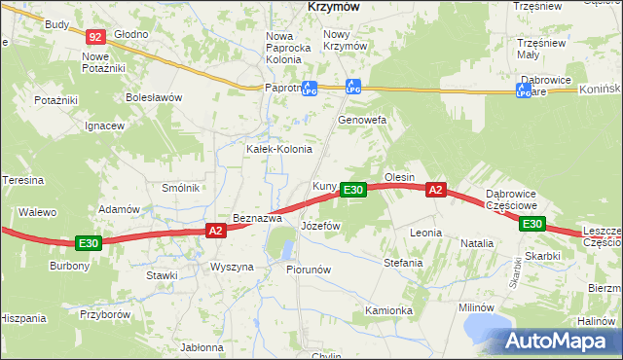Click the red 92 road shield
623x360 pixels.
click(94, 37)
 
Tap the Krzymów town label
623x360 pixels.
click(334, 6)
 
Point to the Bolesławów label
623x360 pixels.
click(154, 97)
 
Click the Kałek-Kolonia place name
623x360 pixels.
click(278, 149)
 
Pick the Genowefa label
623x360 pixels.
click(362, 120)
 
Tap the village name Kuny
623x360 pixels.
click(324, 186)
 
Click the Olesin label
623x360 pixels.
click(400, 177)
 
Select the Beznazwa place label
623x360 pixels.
click(257, 218)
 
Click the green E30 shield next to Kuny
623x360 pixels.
click(353, 190)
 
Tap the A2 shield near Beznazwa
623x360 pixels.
click(216, 231)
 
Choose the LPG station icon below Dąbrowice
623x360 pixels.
click(523, 90)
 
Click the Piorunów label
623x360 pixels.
click(310, 270)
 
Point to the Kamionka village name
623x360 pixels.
click(388, 310)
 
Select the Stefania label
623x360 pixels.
click(403, 263)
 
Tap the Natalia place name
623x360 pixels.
click(477, 242)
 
